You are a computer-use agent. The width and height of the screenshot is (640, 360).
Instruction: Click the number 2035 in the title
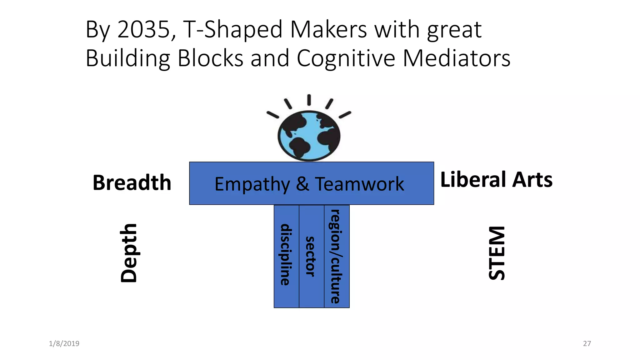pos(144,30)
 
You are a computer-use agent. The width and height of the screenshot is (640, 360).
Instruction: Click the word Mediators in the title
pos(457,58)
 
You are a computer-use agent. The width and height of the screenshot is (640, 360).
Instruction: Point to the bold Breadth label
pos(132,182)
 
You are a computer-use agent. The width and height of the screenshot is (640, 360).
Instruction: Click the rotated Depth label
pos(129,253)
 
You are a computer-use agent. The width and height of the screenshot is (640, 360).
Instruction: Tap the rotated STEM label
pos(497,253)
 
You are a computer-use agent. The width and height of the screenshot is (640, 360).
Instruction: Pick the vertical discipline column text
pos(286,255)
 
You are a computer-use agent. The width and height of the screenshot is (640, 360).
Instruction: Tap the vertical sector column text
pos(311,257)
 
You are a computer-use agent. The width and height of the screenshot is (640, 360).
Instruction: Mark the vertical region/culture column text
pos(336,257)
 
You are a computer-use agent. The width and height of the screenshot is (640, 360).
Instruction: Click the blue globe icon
pos(309,136)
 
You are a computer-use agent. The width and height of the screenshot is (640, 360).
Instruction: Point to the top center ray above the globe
pos(309,100)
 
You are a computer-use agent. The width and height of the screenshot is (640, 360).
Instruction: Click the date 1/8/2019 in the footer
pos(64,344)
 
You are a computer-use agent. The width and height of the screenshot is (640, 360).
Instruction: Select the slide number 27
pos(587,344)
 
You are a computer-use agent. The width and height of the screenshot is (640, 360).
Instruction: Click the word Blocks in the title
pos(210,58)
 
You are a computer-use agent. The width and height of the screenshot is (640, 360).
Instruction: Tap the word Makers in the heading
pos(328,30)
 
